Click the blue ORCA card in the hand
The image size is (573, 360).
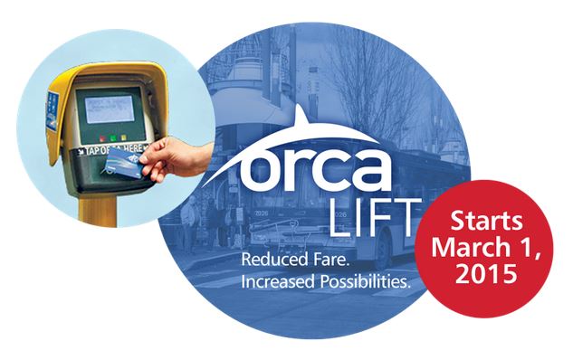coord(121,163)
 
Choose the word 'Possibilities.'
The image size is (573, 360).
coord(368,283)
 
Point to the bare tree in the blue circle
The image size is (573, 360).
coord(380,81)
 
